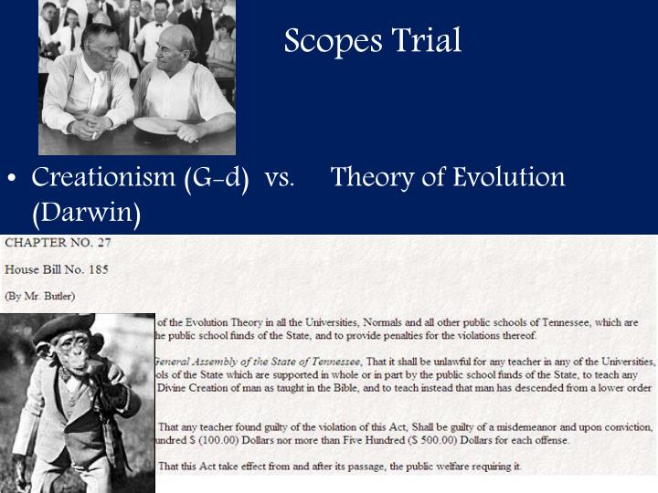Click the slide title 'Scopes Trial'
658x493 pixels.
click(373, 41)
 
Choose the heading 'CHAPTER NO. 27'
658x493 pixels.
click(59, 244)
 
